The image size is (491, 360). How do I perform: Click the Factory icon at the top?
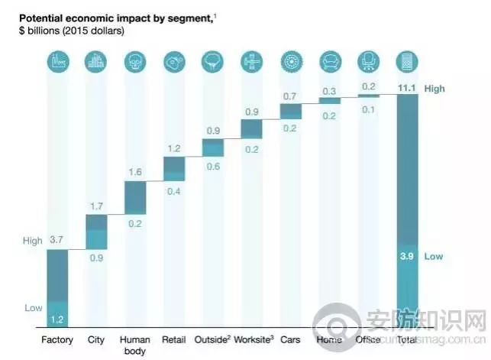point(58,62)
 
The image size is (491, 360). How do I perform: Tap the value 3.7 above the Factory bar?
point(57,240)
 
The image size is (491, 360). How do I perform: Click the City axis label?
point(96,339)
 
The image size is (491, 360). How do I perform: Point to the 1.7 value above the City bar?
point(96,206)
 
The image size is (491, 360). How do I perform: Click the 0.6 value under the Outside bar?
point(213,167)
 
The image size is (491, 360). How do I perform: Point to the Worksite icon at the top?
point(251,62)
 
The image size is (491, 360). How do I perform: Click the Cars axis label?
point(290,339)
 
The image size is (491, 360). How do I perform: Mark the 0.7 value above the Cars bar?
point(290,96)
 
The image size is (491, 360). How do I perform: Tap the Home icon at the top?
point(329,62)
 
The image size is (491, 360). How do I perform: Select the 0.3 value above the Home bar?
point(329,91)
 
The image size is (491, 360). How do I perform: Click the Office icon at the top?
point(368,62)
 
